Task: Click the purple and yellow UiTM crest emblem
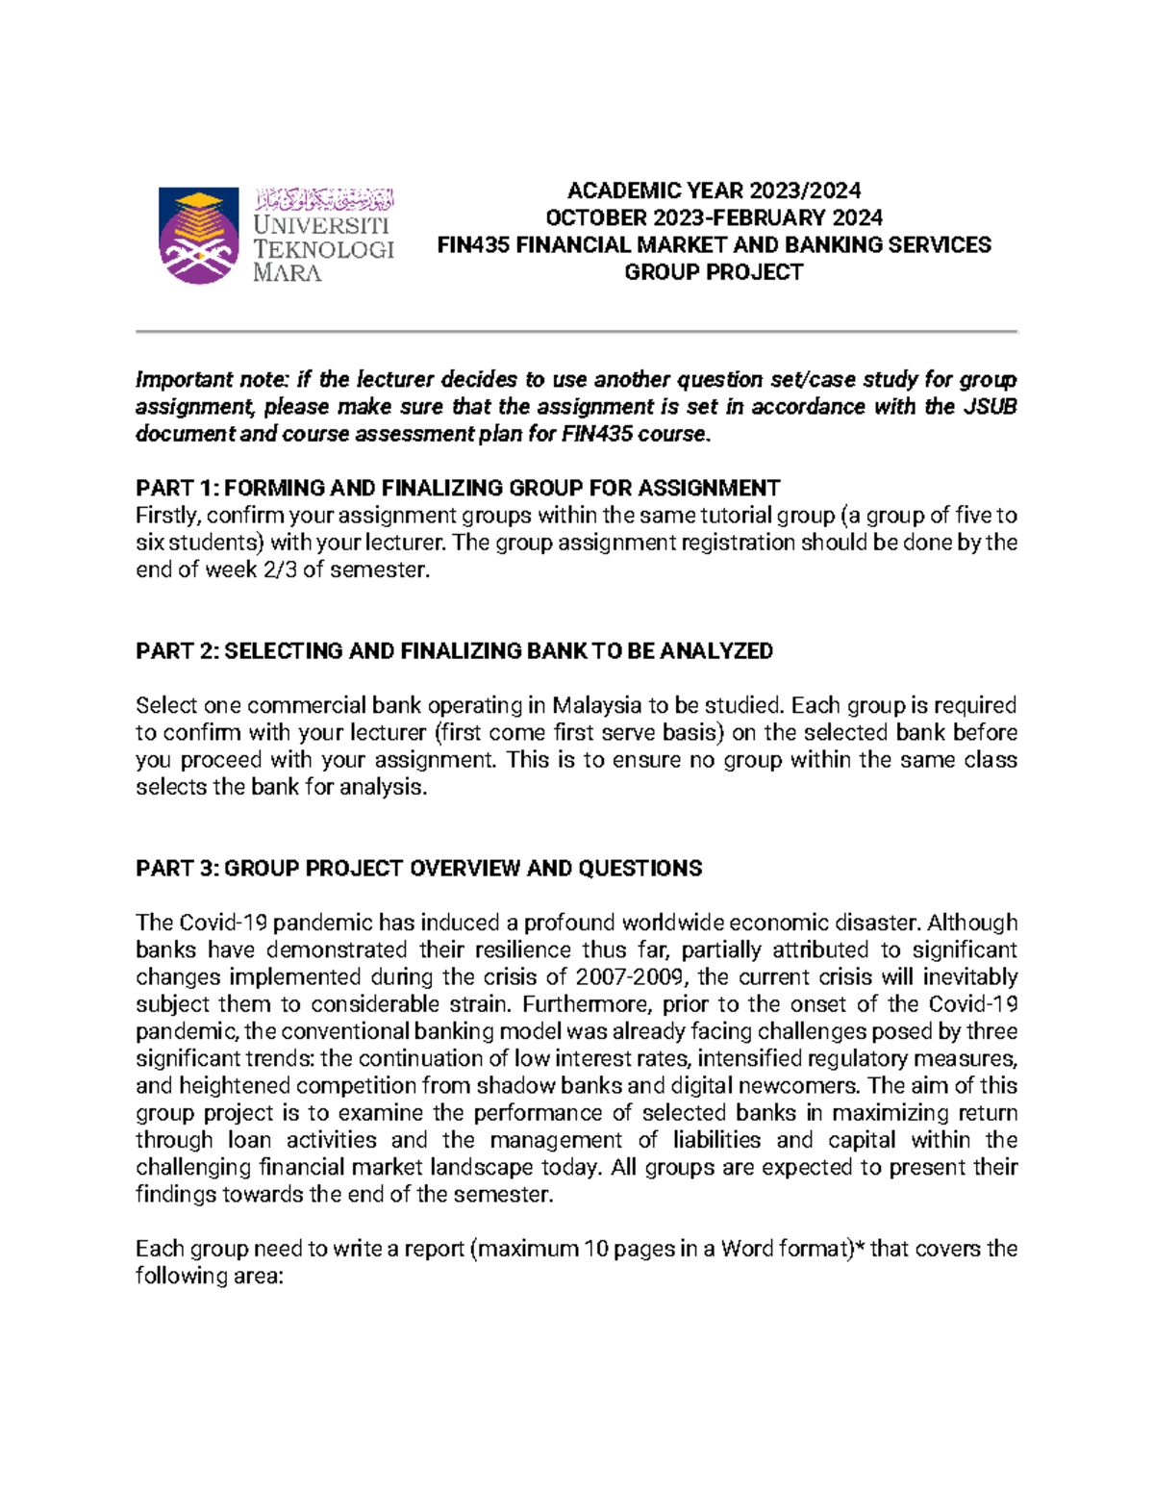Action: (x=199, y=236)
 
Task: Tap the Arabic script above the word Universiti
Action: (x=324, y=200)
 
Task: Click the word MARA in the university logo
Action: (x=287, y=273)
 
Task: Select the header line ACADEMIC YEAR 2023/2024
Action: (x=714, y=190)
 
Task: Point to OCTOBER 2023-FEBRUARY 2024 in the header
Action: (x=714, y=217)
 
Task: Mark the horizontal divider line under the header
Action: (x=576, y=331)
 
